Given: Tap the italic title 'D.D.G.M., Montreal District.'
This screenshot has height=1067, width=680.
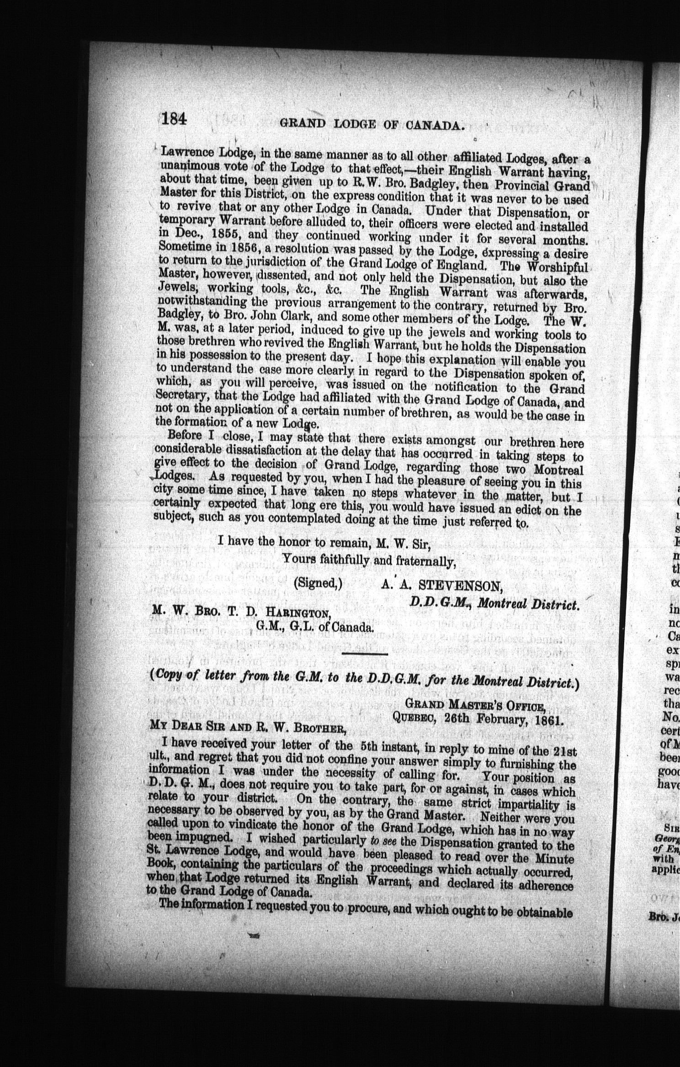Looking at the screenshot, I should coord(494,604).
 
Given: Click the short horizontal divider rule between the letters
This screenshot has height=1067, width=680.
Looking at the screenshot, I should coord(365,655).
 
